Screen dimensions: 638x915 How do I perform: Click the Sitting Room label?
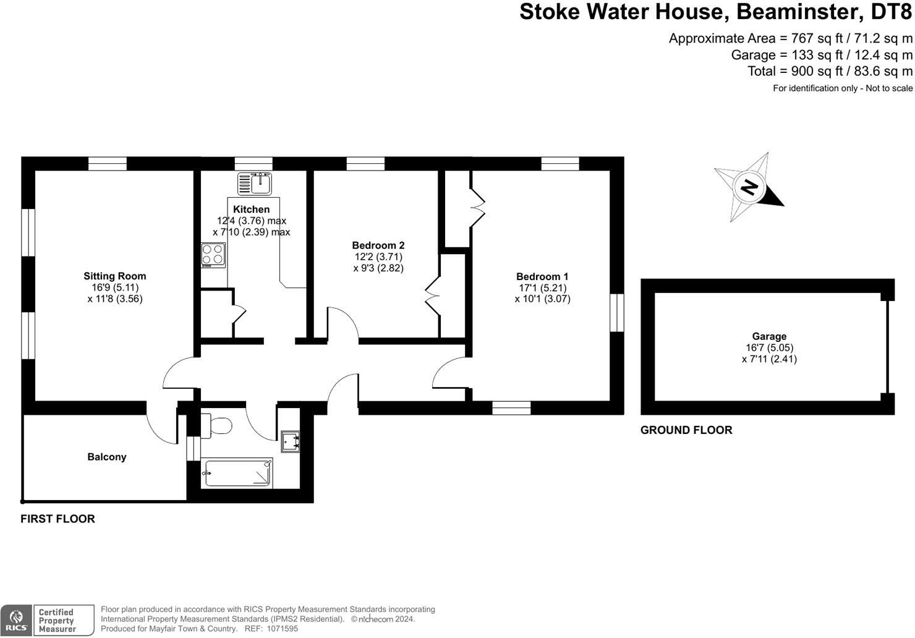tap(115, 276)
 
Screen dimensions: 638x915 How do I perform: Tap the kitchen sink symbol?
tap(255, 184)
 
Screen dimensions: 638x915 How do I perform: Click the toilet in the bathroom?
tap(217, 426)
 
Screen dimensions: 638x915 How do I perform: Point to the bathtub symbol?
tap(237, 474)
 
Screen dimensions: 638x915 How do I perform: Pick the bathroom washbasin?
tap(290, 440)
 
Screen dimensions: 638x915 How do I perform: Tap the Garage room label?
tap(769, 336)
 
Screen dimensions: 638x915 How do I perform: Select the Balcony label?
tap(106, 457)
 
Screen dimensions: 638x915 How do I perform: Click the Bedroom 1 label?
tap(542, 277)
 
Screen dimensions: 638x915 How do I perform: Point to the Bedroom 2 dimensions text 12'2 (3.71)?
tap(378, 257)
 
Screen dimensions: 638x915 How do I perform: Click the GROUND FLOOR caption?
tap(686, 430)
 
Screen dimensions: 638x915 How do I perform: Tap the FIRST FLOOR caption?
tap(57, 519)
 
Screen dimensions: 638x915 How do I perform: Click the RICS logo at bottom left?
tap(16, 620)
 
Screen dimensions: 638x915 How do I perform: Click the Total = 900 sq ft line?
tap(830, 71)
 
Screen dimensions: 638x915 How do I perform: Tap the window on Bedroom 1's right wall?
tap(616, 313)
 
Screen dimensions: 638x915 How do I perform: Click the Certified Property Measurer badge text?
tap(56, 621)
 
